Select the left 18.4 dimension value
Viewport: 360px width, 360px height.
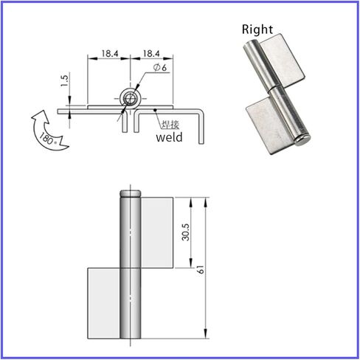108,54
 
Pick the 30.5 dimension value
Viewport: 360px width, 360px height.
187,232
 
